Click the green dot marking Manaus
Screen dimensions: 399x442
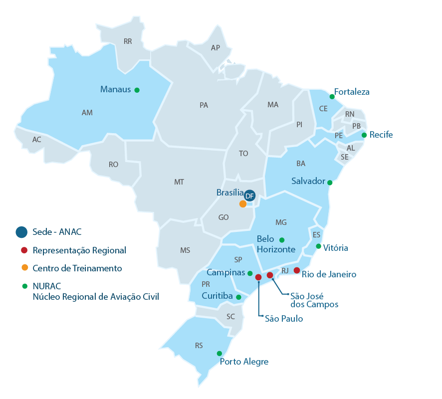[x=137, y=90]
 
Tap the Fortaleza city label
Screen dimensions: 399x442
[x=352, y=92]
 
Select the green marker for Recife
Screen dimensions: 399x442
[x=364, y=135]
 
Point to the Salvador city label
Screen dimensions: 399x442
[x=308, y=181]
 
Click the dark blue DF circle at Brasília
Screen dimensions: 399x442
[x=250, y=196]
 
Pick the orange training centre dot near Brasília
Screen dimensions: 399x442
[x=243, y=203]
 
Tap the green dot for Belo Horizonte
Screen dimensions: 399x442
[x=282, y=240]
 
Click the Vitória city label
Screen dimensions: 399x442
[x=335, y=248]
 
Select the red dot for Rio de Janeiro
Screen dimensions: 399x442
[x=297, y=270]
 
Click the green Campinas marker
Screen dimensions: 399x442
[x=250, y=273]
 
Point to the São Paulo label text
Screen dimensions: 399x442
[x=283, y=319]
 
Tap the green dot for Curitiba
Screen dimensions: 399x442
[x=238, y=297]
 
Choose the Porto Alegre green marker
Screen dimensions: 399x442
[x=220, y=354]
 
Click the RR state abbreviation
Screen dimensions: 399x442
[x=128, y=42]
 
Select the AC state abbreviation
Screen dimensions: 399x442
[x=36, y=140]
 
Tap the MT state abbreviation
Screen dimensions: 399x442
[x=179, y=183]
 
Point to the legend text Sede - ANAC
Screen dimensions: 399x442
[x=56, y=232]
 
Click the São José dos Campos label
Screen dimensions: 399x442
[x=314, y=300]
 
